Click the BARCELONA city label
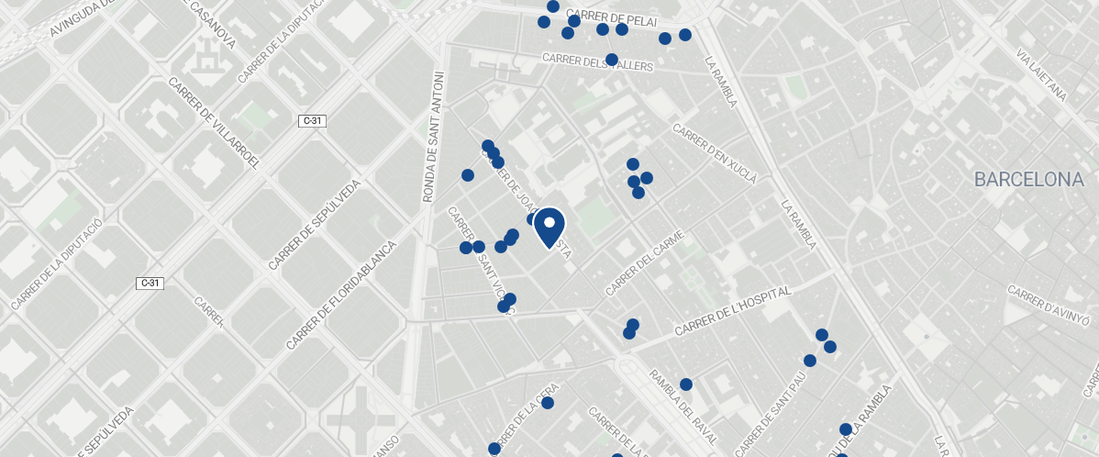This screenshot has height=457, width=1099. point(1029,180)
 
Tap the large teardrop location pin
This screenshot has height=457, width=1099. point(549,227)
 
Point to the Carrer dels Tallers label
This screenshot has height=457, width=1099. point(596,61)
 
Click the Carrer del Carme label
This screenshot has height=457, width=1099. point(646,262)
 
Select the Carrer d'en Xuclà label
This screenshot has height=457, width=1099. point(715,153)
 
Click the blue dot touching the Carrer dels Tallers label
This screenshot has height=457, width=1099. point(612,60)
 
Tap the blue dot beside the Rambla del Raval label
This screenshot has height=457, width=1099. point(685,385)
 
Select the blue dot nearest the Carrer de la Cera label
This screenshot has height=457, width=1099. point(548,403)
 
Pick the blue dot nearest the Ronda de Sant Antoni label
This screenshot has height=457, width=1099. point(468,175)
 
